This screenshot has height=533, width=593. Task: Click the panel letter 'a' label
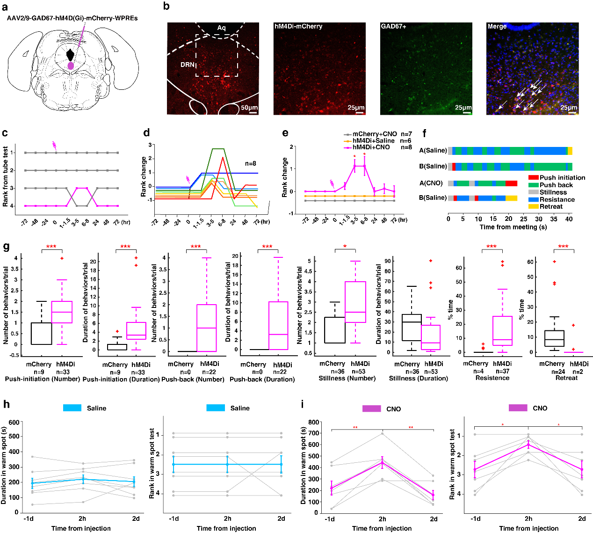tap(5, 7)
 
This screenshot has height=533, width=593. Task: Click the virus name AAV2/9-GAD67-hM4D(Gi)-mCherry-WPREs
tap(72, 18)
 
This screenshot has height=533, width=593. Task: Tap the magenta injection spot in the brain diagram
tap(71, 66)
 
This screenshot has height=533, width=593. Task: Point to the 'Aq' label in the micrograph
tap(221, 28)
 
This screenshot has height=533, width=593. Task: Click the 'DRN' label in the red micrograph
tap(187, 65)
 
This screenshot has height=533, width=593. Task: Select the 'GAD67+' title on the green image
tap(393, 27)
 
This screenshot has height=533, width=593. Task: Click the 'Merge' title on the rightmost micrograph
tap(497, 27)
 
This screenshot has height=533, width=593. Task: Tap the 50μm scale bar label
tap(249, 108)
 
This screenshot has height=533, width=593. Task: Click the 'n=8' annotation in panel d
tap(251, 164)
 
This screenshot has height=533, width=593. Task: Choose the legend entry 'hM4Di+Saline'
tap(373, 140)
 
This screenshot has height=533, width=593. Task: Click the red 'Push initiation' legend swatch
tap(533, 178)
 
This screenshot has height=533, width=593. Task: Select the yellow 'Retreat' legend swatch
tap(533, 206)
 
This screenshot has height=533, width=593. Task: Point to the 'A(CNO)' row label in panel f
tap(431, 183)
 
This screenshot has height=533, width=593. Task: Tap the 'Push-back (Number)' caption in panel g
tap(193, 379)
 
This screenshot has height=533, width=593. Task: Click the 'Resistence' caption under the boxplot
tap(492, 378)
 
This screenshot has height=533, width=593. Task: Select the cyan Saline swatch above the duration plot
tap(72, 408)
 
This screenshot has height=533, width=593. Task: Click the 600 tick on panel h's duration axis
tap(14, 422)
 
